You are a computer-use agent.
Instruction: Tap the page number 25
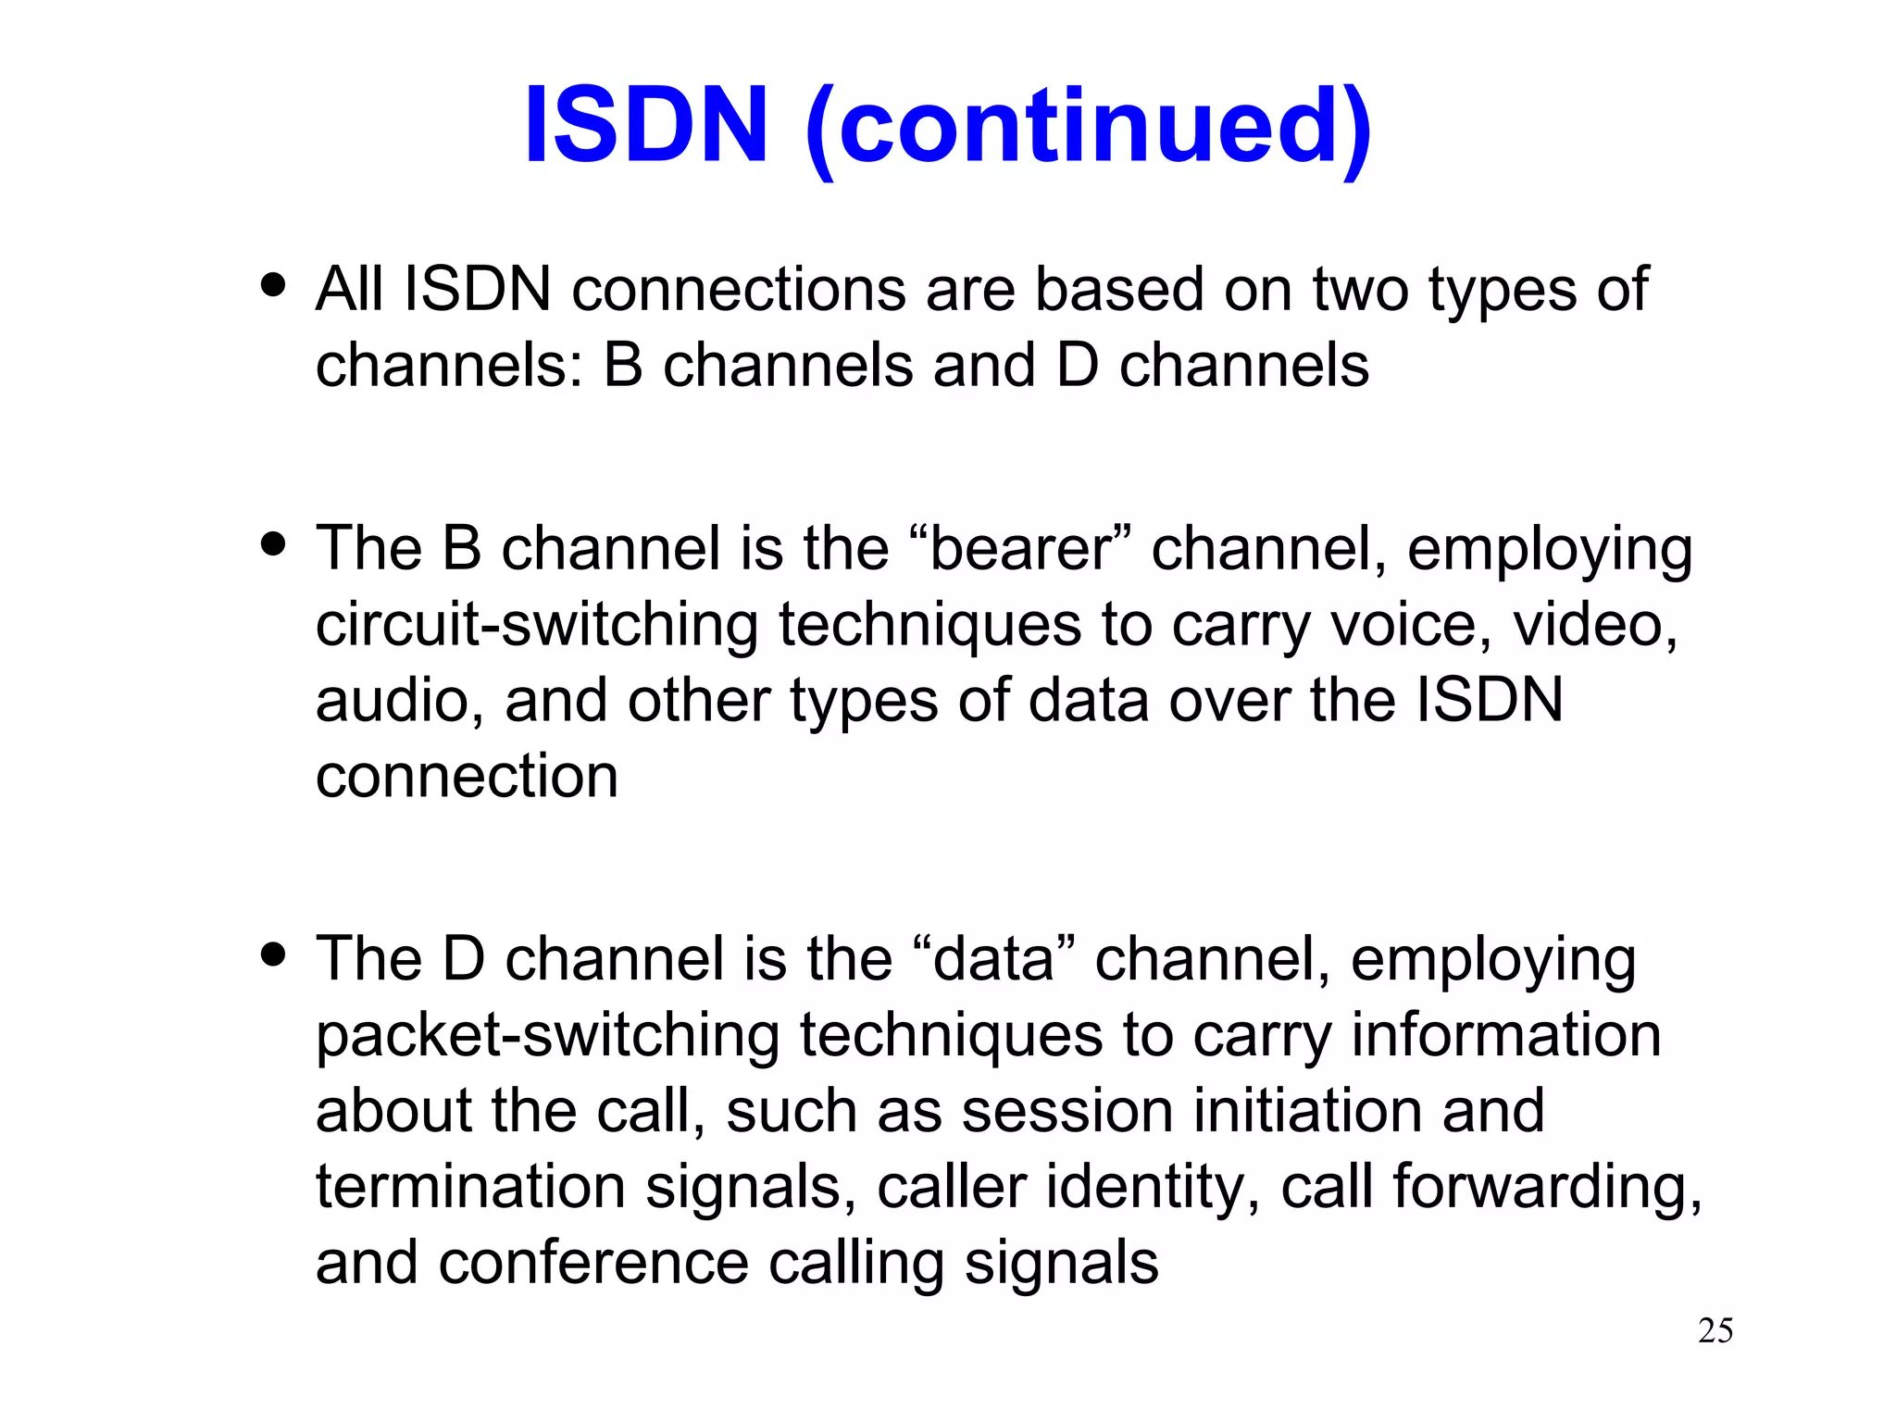[x=1715, y=1330]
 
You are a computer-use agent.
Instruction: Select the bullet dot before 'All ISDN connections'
[x=273, y=284]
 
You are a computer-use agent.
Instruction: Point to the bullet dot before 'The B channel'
[x=273, y=543]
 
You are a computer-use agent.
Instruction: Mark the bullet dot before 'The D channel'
[x=273, y=954]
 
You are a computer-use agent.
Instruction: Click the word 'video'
[x=1592, y=625]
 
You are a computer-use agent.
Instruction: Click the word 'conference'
[x=593, y=1263]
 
